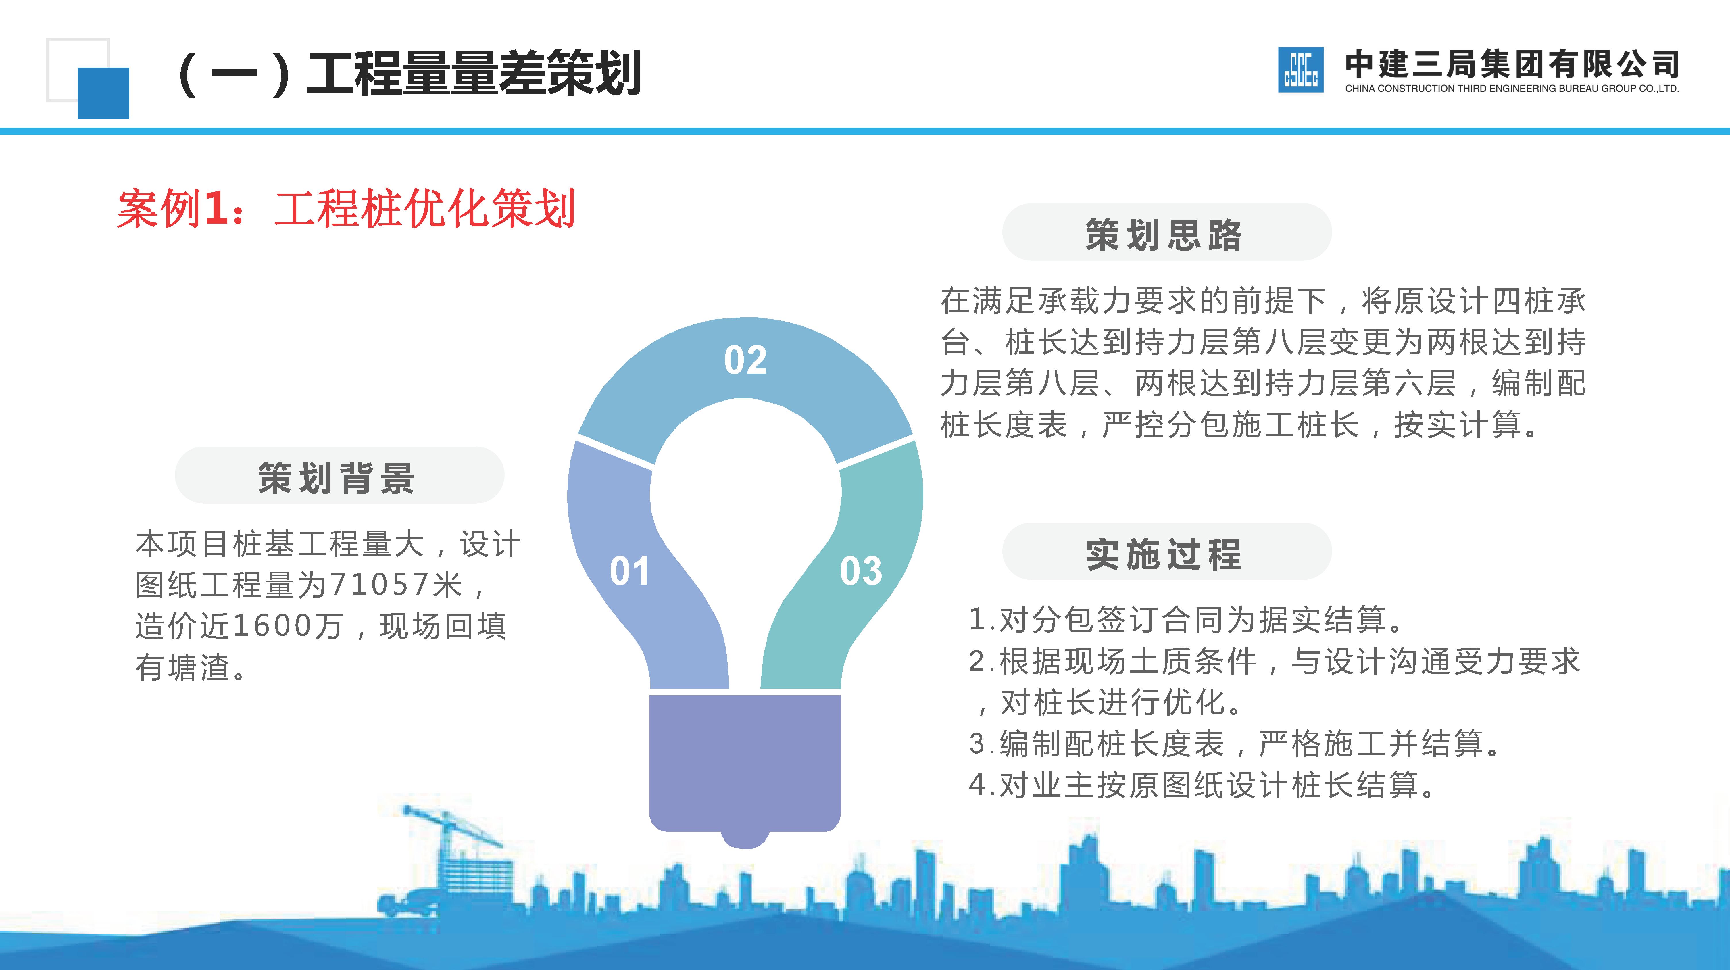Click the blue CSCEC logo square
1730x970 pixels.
[x=1300, y=70]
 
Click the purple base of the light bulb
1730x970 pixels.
[x=745, y=762]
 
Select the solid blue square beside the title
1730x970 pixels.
[x=103, y=93]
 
